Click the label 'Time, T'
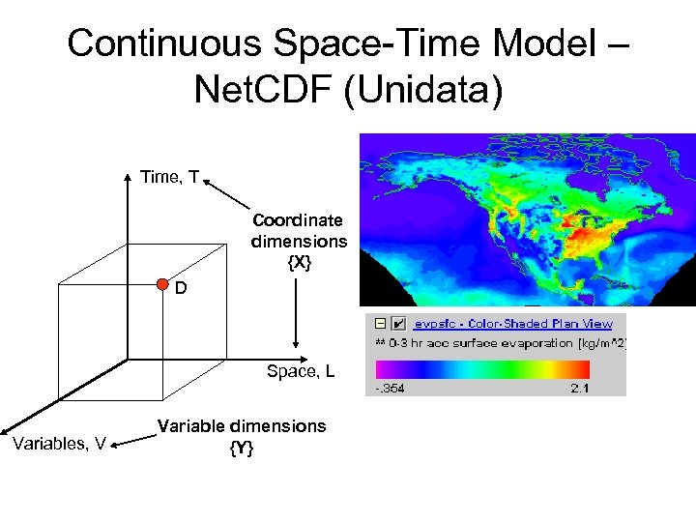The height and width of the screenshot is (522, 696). point(169,177)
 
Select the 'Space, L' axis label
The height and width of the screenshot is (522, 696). point(301,370)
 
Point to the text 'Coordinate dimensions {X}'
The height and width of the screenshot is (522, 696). point(298,241)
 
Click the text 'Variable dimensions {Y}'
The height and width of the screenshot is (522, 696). point(242,436)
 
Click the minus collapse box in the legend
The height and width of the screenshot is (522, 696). point(380,324)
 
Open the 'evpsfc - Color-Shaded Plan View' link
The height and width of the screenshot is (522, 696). point(512,324)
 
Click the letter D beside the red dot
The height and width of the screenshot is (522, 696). point(181,289)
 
